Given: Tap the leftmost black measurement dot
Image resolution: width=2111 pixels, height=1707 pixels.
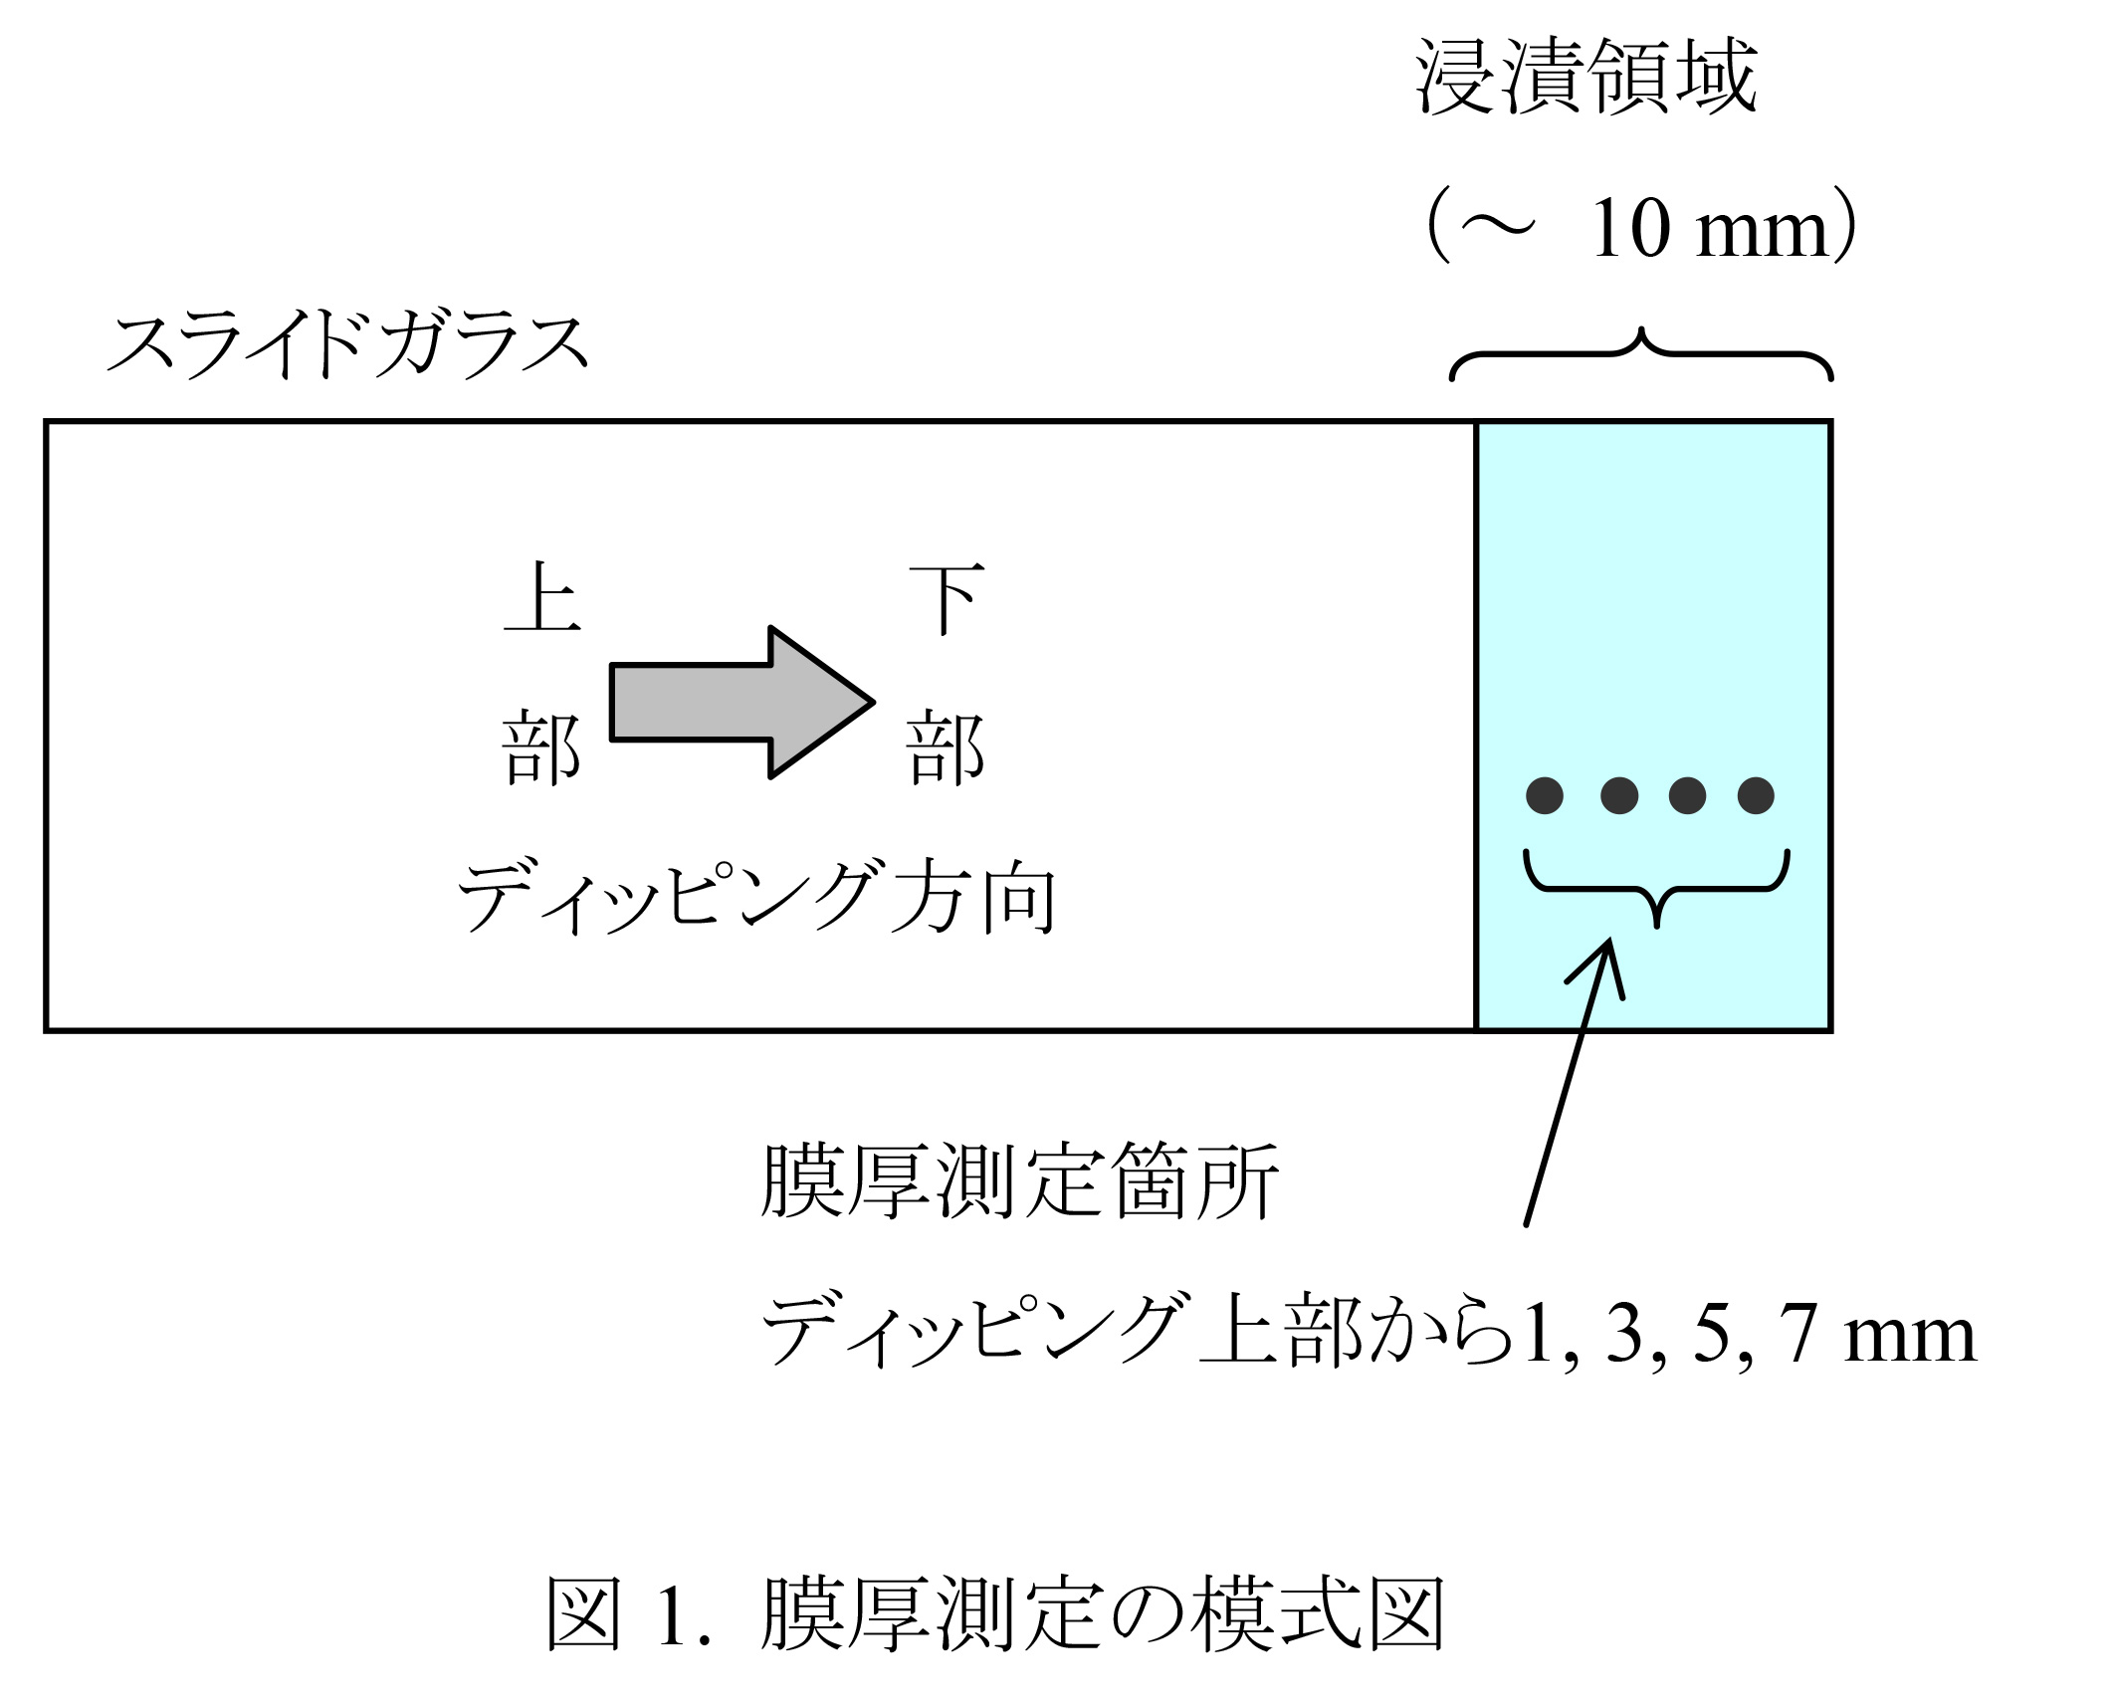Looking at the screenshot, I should point(1544,795).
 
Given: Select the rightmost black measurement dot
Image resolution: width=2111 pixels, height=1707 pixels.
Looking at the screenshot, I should point(1756,795).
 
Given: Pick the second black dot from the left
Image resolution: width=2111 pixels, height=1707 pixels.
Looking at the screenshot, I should point(1619,795).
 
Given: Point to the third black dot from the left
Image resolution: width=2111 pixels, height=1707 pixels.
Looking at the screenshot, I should point(1687,795).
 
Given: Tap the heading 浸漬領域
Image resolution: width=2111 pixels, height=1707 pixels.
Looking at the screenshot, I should point(1586,78).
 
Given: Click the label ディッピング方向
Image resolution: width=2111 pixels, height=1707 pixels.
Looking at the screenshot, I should point(756,898).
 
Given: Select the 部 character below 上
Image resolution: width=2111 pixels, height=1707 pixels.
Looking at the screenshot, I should point(542,748).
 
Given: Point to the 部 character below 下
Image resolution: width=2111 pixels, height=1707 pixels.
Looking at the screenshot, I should point(947,748).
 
